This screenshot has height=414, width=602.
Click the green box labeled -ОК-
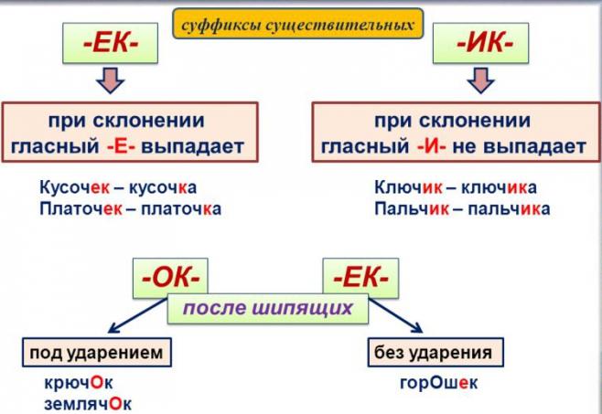pos(170,273)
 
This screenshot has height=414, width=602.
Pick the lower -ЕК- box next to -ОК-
pos(360,273)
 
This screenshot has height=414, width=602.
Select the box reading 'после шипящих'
pos(268,308)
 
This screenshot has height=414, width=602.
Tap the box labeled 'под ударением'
pos(96,352)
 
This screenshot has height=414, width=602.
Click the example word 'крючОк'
pos(81,382)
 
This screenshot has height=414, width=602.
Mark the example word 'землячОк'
pos(89,402)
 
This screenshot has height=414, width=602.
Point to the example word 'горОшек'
pos(438,383)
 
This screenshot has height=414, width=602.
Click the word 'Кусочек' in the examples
pos(74,188)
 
